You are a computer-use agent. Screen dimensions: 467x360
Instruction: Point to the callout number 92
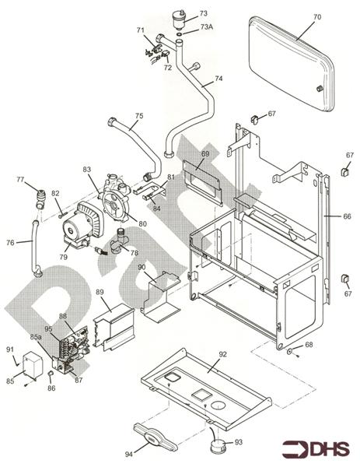222,354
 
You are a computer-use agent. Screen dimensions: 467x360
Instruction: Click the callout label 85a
36,337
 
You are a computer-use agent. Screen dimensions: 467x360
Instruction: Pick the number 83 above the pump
87,169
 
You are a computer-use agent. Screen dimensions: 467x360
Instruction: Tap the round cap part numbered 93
216,448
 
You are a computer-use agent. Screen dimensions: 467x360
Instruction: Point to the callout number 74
218,79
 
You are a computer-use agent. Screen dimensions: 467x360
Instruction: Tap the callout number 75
138,116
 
